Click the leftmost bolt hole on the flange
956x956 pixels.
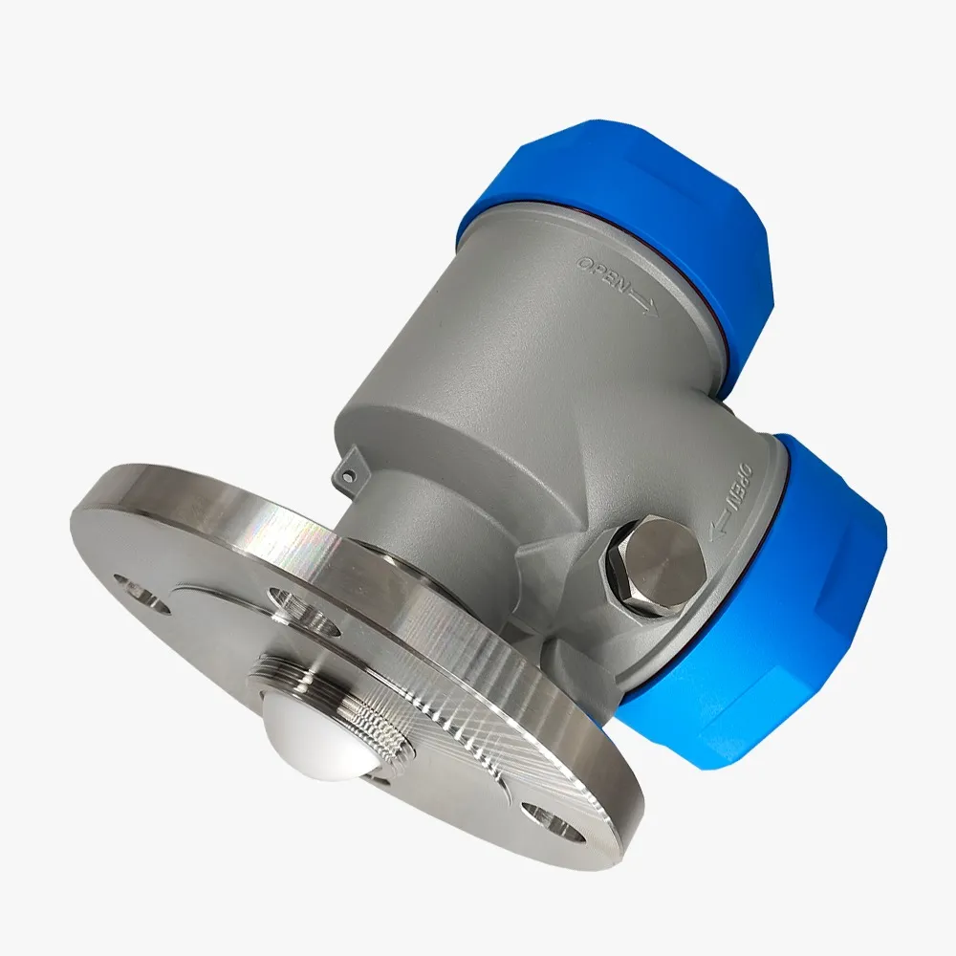pyautogui.click(x=141, y=594)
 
